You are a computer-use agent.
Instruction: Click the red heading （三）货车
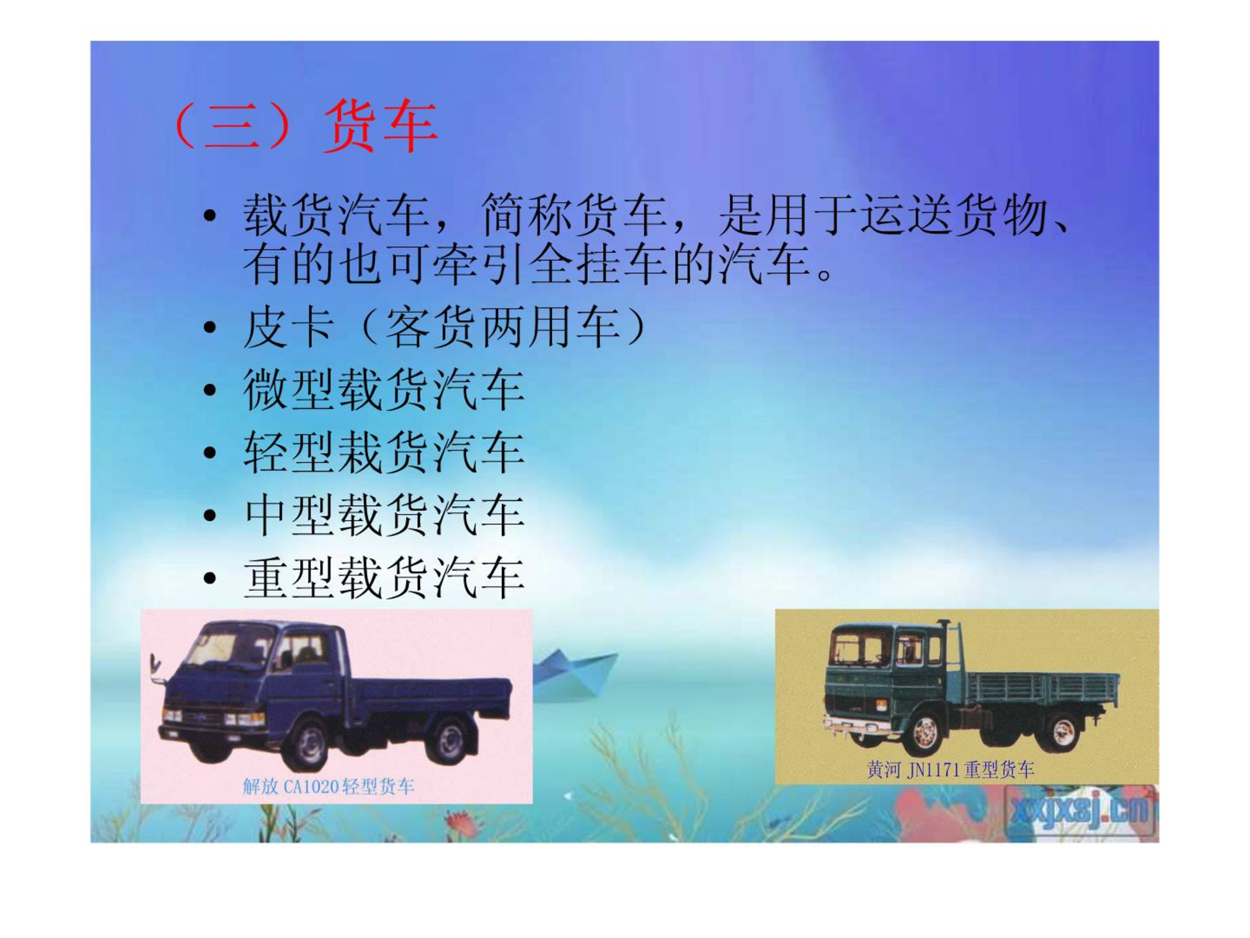pyautogui.click(x=305, y=126)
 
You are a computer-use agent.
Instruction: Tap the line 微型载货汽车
pyautogui.click(x=384, y=390)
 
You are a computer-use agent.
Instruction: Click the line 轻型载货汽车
pyautogui.click(x=384, y=452)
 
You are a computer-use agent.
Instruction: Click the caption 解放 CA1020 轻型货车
pyautogui.click(x=329, y=787)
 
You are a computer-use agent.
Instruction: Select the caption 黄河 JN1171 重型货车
pyautogui.click(x=951, y=770)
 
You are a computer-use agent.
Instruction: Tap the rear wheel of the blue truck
pyautogui.click(x=449, y=740)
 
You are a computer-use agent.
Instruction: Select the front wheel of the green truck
pyautogui.click(x=925, y=733)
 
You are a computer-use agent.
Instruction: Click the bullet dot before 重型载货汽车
pyautogui.click(x=210, y=578)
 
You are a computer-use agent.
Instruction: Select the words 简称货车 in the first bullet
pyautogui.click(x=575, y=216)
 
